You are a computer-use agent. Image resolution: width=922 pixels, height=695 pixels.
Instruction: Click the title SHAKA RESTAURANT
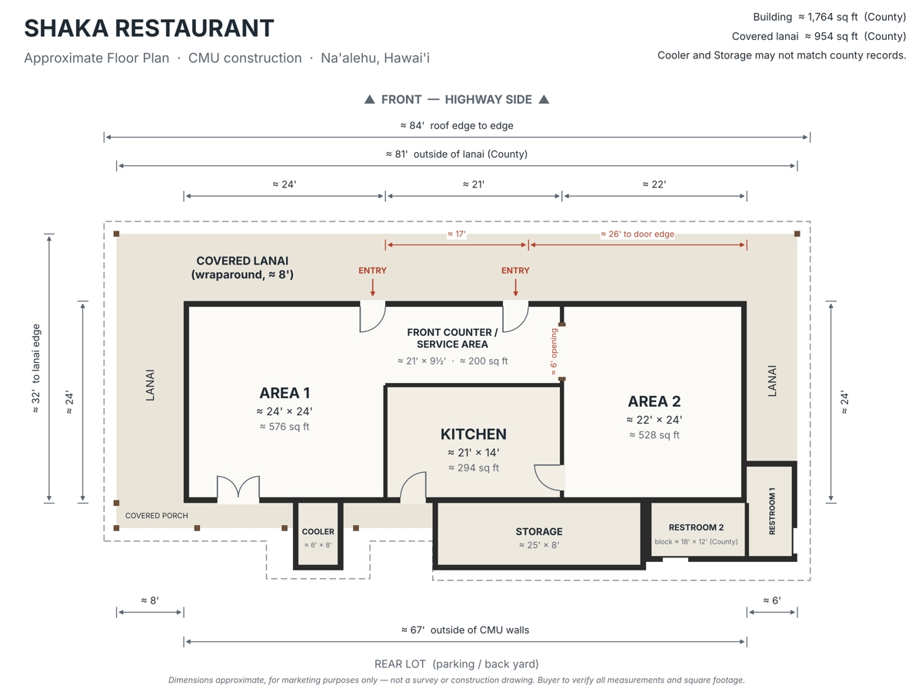point(148,28)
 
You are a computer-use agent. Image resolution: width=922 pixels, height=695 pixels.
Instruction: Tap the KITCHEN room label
point(474,434)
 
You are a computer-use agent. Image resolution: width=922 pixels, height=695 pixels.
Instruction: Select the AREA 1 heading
point(285,393)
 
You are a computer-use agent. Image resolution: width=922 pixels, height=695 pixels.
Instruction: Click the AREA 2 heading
point(654,401)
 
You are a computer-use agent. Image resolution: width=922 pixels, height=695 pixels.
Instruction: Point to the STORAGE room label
point(539,531)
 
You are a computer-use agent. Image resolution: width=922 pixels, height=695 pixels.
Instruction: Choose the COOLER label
point(318,531)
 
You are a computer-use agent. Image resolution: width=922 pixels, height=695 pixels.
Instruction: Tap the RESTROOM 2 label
point(696,527)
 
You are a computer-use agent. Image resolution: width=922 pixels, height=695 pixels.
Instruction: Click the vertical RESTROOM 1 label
point(772,511)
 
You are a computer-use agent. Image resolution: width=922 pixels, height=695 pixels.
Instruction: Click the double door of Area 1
point(238,489)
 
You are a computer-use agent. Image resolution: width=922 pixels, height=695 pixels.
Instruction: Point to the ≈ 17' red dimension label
point(456,234)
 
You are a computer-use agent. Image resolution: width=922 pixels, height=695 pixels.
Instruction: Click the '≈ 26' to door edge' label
point(637,234)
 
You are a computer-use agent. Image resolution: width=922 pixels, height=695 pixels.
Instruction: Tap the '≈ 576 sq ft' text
point(285,426)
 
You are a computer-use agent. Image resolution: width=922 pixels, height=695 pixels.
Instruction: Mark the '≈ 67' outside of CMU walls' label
point(465,630)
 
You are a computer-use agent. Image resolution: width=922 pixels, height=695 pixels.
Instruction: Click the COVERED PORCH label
point(156,516)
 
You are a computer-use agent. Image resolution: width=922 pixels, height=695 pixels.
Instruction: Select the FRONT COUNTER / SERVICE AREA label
point(452,338)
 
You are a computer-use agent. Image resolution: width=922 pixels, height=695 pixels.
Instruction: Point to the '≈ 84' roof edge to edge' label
point(457,125)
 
